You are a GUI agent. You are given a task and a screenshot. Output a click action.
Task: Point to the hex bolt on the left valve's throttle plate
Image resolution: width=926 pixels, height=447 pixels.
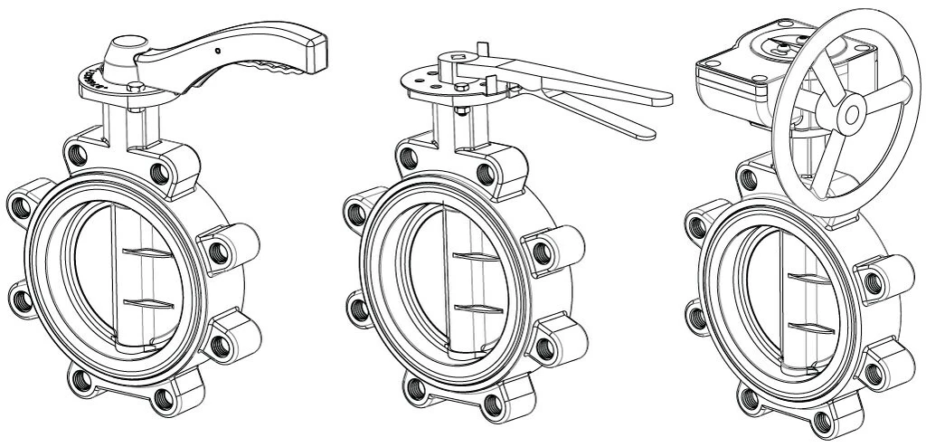point(135,88)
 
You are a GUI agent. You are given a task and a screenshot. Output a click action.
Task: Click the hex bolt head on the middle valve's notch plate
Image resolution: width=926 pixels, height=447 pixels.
point(463,88)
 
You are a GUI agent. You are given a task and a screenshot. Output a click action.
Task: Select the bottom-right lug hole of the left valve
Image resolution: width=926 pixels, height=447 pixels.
point(222,346)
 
